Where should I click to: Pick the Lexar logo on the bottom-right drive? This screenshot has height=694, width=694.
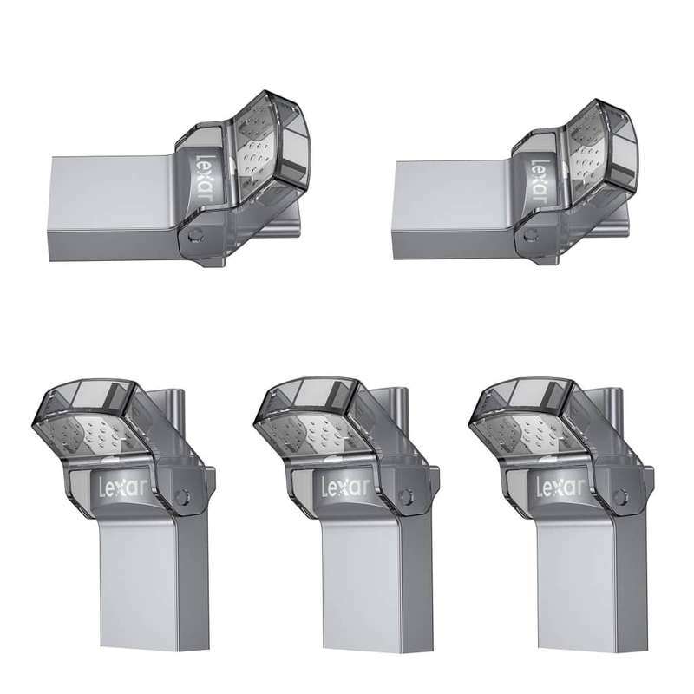(560, 487)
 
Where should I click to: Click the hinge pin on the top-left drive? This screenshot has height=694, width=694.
(193, 235)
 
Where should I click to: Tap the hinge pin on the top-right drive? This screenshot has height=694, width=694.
(528, 235)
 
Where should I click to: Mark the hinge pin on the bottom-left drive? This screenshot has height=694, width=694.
(180, 495)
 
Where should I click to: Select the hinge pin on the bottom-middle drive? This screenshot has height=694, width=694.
(404, 495)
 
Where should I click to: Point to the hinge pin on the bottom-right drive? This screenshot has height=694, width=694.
(619, 495)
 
